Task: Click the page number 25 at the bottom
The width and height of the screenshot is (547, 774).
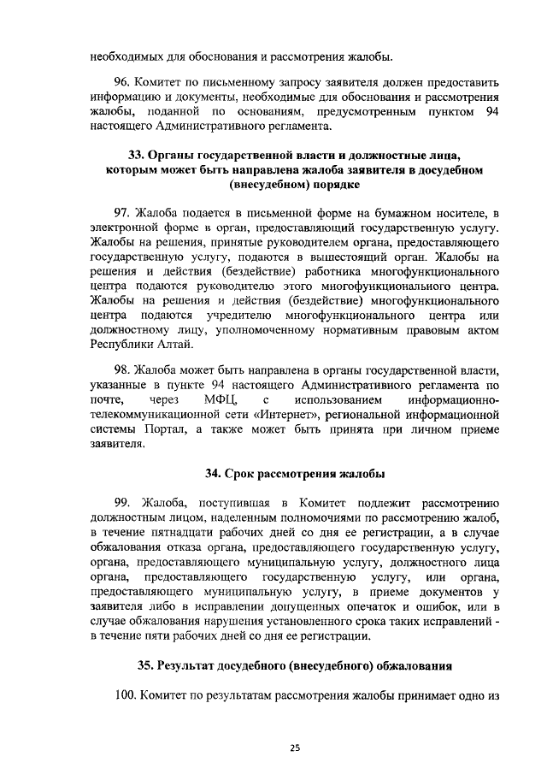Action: click(x=295, y=747)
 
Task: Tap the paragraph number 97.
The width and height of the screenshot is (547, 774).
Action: click(x=123, y=212)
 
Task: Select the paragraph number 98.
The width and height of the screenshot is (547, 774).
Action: click(x=123, y=371)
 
